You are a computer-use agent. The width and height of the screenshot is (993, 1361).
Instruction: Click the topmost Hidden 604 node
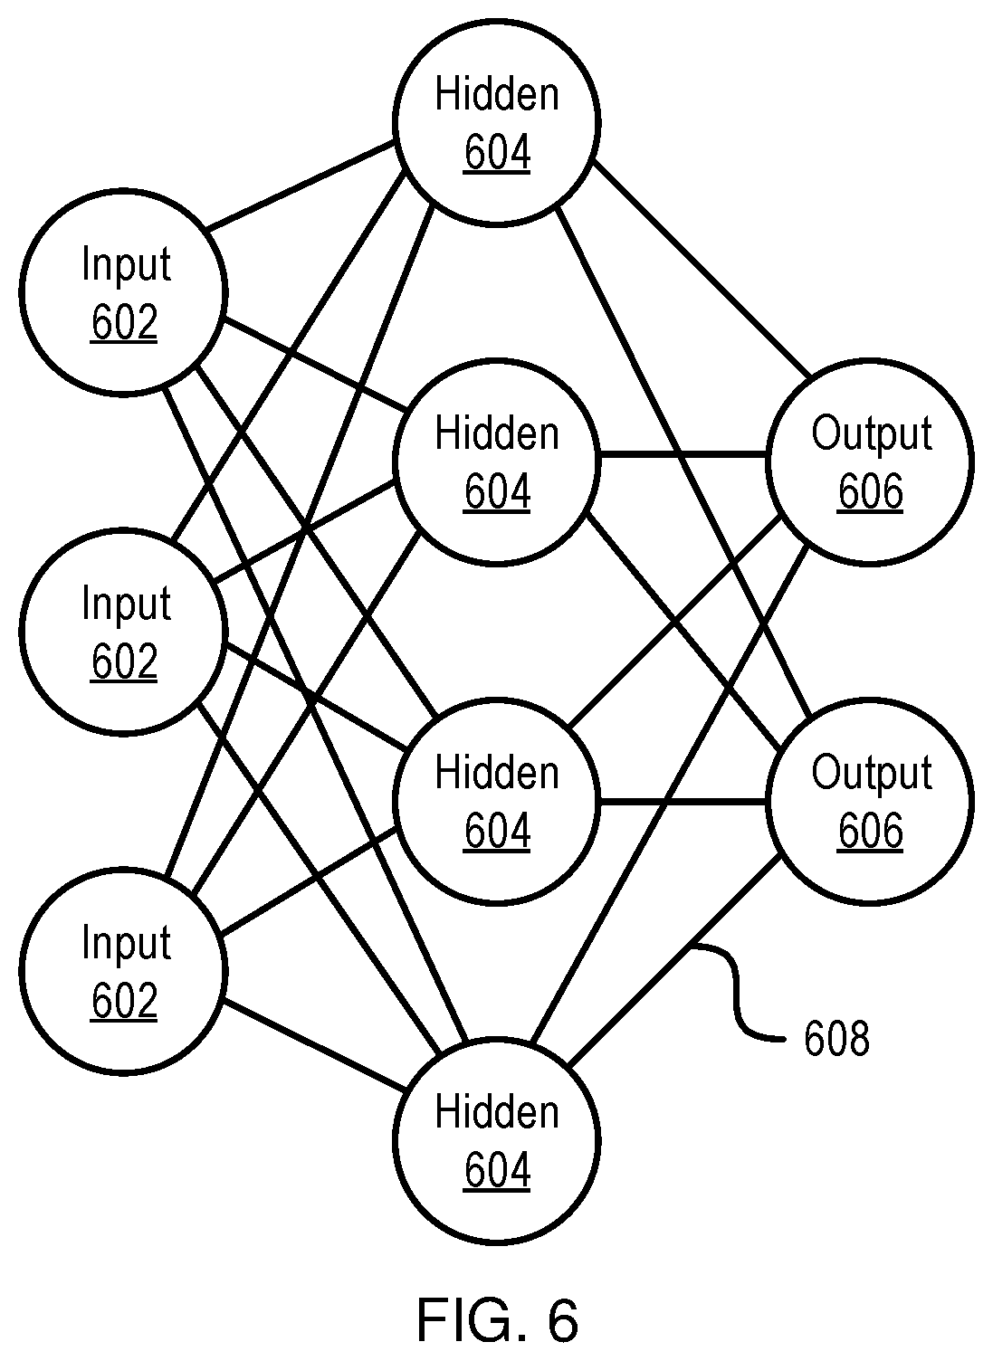[496, 123]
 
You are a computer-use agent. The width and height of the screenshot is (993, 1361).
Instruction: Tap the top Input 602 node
[124, 293]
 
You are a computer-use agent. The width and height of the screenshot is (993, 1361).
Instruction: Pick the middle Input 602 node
[124, 632]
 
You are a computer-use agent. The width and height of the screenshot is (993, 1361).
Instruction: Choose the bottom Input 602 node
[124, 971]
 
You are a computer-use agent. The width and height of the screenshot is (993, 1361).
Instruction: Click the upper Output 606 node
[870, 462]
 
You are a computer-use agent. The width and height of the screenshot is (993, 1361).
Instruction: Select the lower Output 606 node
[870, 802]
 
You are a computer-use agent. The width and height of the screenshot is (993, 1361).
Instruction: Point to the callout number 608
[836, 1039]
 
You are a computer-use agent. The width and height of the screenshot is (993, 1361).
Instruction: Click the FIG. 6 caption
[497, 1319]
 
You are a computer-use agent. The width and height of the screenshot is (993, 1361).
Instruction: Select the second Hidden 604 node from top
[496, 462]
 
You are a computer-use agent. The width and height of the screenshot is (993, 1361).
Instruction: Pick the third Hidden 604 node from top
[496, 802]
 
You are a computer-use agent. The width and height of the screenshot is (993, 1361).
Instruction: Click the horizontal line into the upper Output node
[683, 454]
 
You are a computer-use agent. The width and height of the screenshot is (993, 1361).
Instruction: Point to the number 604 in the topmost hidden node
[497, 152]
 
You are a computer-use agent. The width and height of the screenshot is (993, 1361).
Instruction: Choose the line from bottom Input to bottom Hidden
[313, 1045]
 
